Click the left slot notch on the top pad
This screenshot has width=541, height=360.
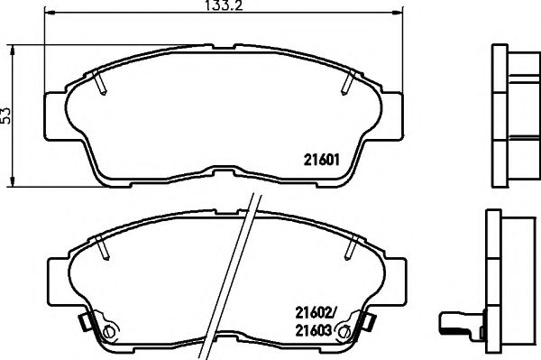(x=100, y=85)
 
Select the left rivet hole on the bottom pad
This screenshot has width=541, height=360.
(x=110, y=331)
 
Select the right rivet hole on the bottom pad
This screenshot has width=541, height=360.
(x=343, y=331)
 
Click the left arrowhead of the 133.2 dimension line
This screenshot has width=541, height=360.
(x=49, y=16)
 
